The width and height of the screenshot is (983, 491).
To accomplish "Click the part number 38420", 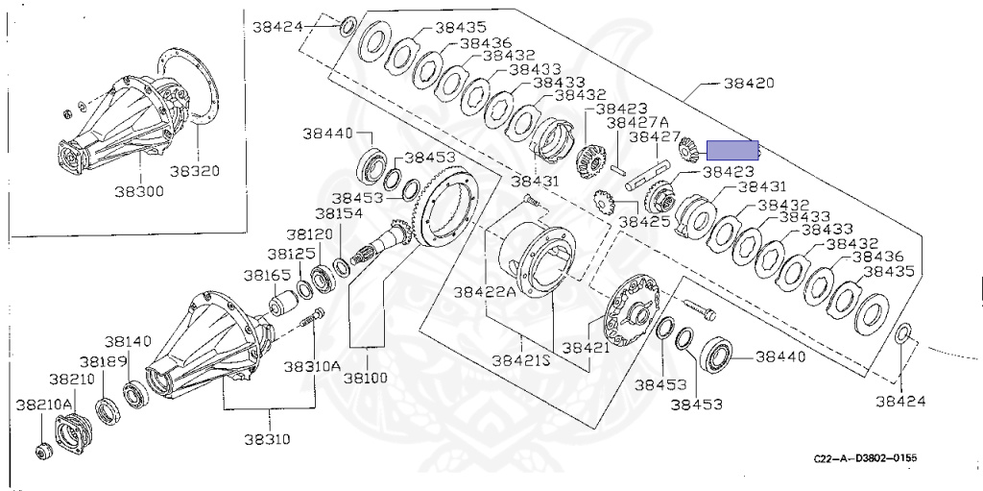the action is pos(748,84).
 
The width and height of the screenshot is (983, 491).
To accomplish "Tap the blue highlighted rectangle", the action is pos(732,150).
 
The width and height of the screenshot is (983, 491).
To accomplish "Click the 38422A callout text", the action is pos(485,291).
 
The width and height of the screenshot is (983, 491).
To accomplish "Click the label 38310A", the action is pos(311,366).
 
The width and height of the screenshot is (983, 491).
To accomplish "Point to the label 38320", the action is pos(195,172).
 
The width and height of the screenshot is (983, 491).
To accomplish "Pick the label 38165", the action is pos(266,275).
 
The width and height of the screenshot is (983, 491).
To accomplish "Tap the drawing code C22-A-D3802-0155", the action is pos(864,458).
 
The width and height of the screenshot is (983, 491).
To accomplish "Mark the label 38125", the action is pos(292,255).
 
